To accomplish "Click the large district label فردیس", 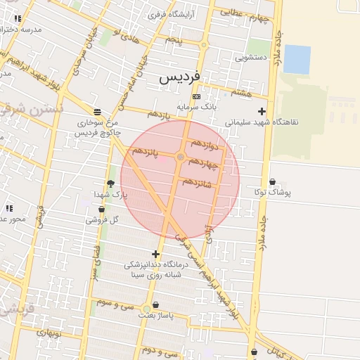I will [x=180, y=76].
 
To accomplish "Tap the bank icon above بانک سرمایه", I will [x=195, y=96].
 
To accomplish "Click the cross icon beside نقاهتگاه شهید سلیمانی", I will [x=262, y=111].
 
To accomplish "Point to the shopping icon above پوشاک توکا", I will [x=273, y=182].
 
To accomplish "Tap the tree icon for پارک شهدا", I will [x=110, y=184].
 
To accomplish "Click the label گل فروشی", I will [x=103, y=219].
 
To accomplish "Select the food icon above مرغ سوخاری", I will [x=97, y=111].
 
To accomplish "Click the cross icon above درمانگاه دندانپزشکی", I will [x=155, y=254].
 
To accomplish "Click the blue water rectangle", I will [x=297, y=59].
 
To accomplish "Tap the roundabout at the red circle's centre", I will [x=181, y=157].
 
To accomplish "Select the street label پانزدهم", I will [x=146, y=150].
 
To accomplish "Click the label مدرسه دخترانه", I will [x=21, y=30].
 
